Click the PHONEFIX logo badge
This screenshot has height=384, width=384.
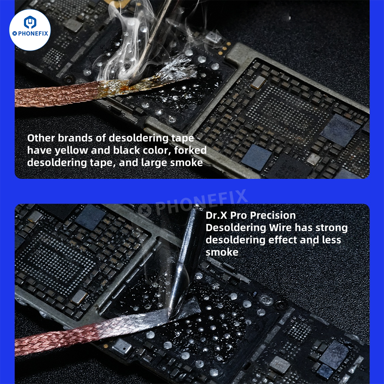30,30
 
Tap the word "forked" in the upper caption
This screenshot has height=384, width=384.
188,150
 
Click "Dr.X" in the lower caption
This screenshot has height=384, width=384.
216,215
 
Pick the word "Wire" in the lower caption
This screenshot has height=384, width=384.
279,227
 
